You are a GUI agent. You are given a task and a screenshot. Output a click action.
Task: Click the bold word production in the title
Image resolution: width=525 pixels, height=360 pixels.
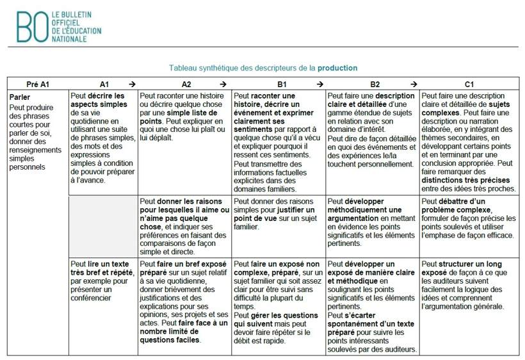coord(337,68)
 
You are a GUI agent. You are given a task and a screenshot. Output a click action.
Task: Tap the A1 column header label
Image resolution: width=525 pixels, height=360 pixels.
coord(104,84)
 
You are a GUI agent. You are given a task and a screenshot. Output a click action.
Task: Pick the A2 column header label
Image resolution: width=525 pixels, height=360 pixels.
coord(186,84)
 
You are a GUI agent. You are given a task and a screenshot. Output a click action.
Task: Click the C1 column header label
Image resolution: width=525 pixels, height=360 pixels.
coord(469,84)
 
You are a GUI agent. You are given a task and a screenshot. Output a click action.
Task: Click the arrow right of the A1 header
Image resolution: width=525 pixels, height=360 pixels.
coord(131,84)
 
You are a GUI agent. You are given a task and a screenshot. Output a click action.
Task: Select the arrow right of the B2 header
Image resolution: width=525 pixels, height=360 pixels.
coord(413,84)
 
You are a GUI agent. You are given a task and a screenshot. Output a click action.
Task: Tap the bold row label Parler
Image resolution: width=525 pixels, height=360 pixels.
coord(20,97)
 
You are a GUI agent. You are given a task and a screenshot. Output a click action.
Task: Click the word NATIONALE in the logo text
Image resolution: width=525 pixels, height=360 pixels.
coord(69,38)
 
